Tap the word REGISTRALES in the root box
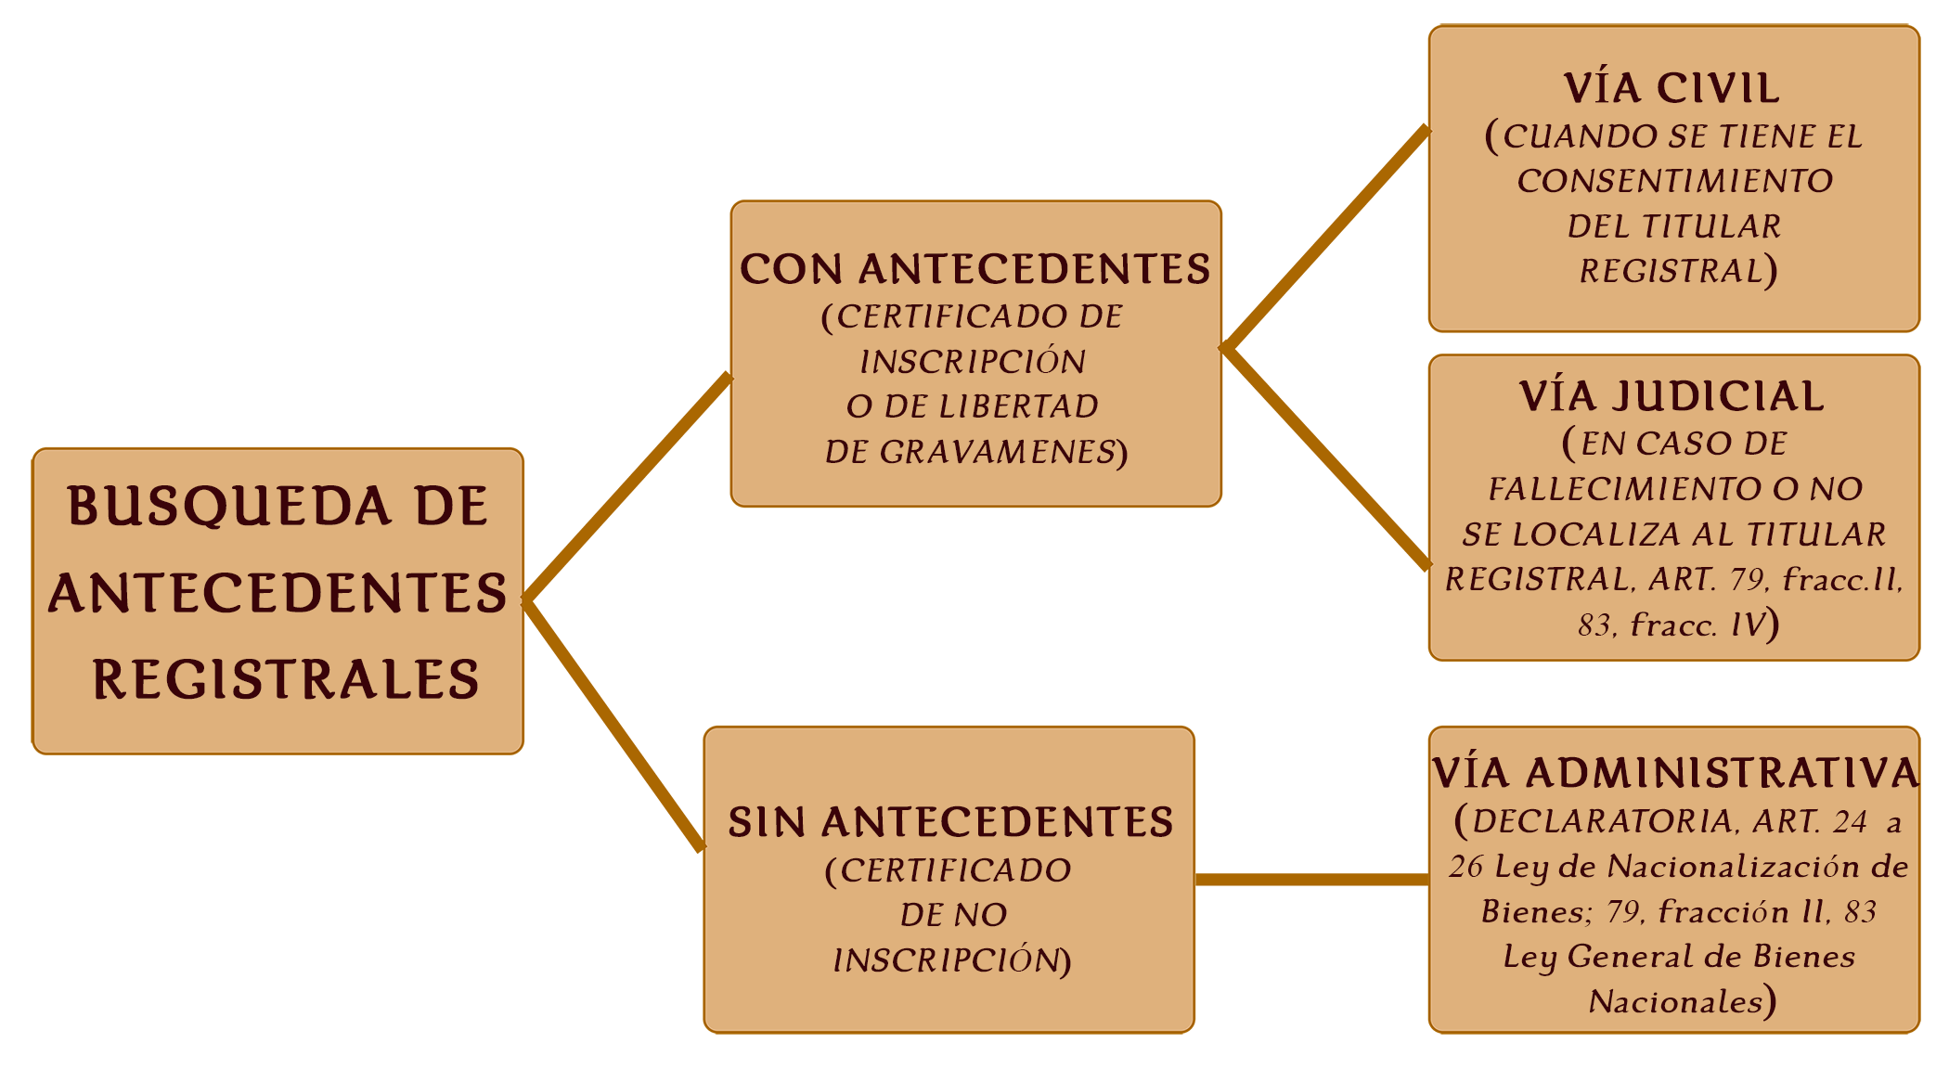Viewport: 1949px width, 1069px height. tap(286, 679)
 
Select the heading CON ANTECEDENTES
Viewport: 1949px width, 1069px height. tap(975, 269)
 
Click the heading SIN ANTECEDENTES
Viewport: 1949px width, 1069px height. tap(950, 822)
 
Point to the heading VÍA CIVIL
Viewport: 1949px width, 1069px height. tap(1672, 88)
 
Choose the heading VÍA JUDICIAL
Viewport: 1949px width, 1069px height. tap(1672, 396)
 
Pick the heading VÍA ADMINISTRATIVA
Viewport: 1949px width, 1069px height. tap(1675, 773)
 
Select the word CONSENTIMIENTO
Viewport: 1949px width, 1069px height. tap(1675, 181)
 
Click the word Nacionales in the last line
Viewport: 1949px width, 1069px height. tap(1676, 1002)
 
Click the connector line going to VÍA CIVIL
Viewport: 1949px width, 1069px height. tap(1326, 238)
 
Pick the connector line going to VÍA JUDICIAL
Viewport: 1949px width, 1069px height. tap(1326, 458)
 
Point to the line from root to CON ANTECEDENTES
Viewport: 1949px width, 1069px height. tap(627, 489)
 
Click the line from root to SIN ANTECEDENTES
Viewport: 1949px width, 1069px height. tap(613, 725)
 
